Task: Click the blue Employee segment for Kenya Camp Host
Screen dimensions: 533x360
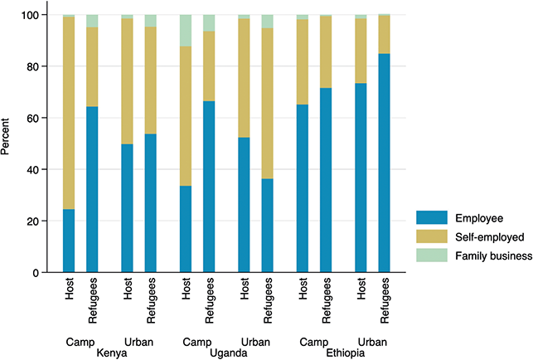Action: (x=69, y=241)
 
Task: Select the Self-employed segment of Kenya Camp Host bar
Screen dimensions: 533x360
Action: (x=69, y=113)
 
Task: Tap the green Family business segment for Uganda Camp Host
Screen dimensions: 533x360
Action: (x=186, y=31)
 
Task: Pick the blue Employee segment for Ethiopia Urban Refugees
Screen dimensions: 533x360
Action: (x=384, y=163)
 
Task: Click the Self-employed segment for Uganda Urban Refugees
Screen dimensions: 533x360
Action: (x=267, y=104)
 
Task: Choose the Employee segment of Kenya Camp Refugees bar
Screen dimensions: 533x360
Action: (x=92, y=189)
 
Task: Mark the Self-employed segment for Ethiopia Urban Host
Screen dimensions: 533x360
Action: (x=361, y=51)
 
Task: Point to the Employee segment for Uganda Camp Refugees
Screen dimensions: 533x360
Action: (x=209, y=187)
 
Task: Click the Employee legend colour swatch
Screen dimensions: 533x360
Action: (x=432, y=218)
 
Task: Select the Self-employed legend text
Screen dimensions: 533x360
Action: (x=490, y=237)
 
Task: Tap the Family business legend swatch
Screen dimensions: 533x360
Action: (x=432, y=255)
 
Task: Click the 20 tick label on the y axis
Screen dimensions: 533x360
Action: (x=32, y=221)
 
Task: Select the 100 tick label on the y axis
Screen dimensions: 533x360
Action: (x=30, y=15)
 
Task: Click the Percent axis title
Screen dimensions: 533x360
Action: (x=5, y=136)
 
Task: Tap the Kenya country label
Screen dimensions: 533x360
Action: (x=112, y=353)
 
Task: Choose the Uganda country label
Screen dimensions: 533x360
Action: (x=229, y=353)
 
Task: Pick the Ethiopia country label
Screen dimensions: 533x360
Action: (x=346, y=353)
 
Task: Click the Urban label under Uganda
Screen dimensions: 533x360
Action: (x=255, y=342)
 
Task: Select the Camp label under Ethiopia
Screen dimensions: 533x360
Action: (x=314, y=343)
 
